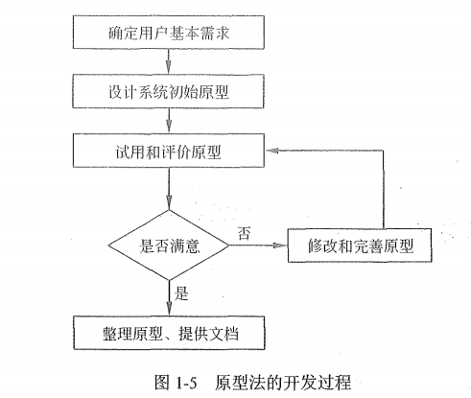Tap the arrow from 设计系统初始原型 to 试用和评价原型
coord(169,124)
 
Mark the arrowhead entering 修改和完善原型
coord(285,247)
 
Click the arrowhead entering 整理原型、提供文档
coord(169,309)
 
